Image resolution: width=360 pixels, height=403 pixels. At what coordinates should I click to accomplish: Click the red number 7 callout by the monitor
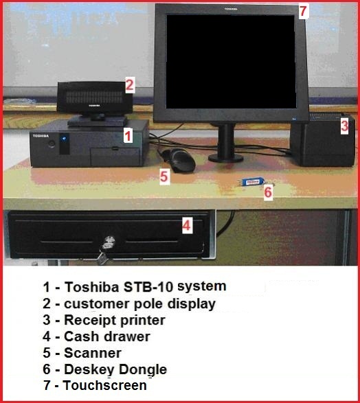point(304,11)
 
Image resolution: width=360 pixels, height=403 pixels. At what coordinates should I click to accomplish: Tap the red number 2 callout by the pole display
point(130,85)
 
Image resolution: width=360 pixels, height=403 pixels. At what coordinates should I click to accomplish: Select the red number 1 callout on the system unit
point(128,135)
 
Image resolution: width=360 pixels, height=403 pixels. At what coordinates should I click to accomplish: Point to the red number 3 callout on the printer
point(345,126)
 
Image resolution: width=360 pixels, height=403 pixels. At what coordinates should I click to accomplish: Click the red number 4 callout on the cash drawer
point(187,225)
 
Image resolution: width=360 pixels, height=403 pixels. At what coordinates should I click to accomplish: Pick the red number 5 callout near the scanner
point(164,177)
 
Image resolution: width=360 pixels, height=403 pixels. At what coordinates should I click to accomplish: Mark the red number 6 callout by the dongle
point(268,192)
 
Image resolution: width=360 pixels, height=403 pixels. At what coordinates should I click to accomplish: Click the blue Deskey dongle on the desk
point(253,182)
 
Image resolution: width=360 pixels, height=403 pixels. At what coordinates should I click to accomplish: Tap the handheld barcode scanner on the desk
point(178,161)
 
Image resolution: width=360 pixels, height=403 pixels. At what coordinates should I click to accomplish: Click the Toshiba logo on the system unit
point(41,136)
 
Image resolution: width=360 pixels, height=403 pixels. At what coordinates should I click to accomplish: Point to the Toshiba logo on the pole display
point(94,105)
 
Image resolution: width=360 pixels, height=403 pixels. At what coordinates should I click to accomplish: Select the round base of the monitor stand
point(225,158)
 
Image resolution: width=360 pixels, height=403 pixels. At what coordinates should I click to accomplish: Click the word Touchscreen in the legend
point(105,385)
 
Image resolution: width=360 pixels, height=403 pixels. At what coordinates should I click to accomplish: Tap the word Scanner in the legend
point(93,353)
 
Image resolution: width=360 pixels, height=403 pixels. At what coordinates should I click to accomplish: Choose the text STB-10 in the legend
point(148,287)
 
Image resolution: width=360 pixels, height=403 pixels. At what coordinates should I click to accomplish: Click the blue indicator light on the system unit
point(64,139)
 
